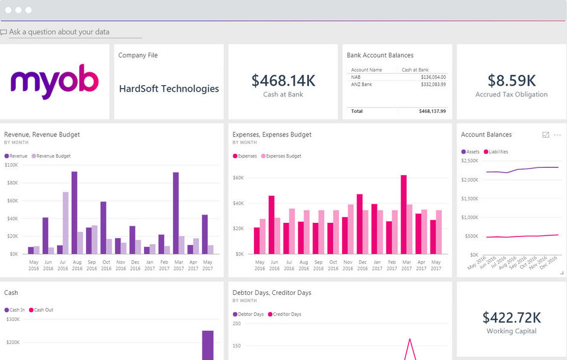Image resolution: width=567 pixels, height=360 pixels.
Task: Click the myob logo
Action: [x=54, y=81]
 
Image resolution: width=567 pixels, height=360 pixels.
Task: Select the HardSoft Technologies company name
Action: [x=169, y=89]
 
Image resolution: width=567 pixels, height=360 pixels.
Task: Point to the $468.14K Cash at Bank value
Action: [x=283, y=81]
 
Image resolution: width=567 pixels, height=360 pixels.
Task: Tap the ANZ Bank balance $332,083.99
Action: [x=434, y=85]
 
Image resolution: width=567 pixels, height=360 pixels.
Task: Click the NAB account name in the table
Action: [x=356, y=77]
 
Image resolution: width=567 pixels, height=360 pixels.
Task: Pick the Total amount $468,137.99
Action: [x=432, y=111]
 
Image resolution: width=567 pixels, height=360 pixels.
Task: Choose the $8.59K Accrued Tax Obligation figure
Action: [x=511, y=81]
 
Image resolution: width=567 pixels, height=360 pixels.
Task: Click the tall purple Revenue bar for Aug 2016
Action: [x=74, y=213]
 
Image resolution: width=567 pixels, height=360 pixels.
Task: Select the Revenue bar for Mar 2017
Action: [x=175, y=213]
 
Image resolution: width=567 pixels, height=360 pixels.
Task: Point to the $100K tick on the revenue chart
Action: [x=11, y=165]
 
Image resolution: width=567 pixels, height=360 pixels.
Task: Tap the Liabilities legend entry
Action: [x=498, y=152]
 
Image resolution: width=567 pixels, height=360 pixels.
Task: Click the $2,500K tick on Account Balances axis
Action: [x=470, y=161]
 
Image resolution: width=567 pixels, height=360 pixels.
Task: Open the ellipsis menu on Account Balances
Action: [x=557, y=135]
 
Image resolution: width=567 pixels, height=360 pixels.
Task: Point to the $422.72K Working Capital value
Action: [x=511, y=317]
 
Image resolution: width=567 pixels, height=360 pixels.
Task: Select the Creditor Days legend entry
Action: [x=286, y=314]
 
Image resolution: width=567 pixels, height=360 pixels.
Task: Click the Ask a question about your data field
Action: [x=59, y=32]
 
